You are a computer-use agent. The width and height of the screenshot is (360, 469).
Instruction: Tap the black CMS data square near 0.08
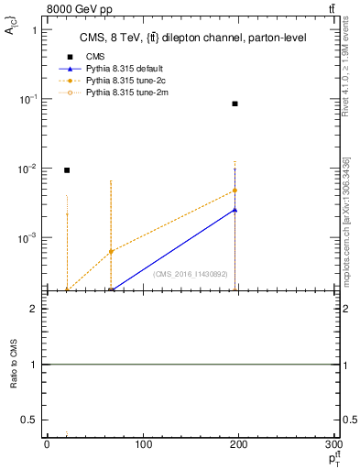pos(235,104)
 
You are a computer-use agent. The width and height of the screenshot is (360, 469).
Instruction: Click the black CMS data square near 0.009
pos(67,170)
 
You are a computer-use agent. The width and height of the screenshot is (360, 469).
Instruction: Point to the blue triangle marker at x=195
pos(235,210)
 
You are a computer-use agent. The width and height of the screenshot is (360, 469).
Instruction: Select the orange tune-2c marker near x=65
pos(111,251)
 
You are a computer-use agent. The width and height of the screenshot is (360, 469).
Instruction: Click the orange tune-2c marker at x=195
pos(235,191)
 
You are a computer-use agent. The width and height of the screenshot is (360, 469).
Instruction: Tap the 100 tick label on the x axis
pos(143,445)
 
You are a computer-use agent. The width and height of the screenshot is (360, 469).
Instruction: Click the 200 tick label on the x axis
pos(240,445)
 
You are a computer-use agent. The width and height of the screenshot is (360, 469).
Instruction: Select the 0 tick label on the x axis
pos(47,445)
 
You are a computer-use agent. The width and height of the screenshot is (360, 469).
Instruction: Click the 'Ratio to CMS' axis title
pos(15,365)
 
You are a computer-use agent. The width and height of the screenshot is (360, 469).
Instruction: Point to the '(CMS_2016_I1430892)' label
pos(191,274)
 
